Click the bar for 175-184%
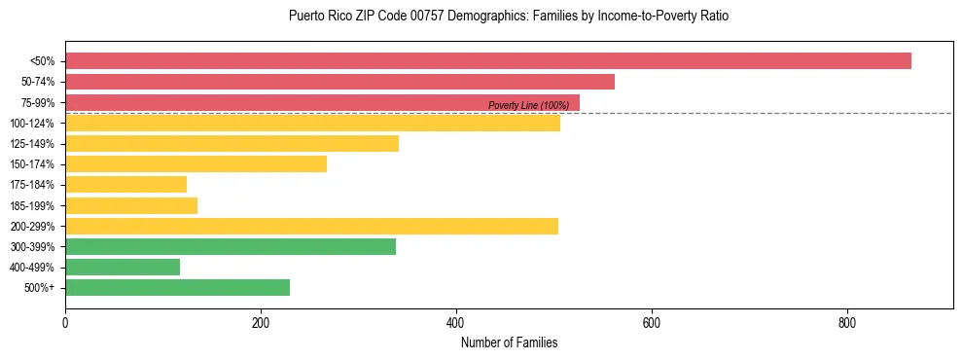125,185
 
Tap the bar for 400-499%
123,267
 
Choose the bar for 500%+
177,288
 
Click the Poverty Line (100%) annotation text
528,105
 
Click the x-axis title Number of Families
509,343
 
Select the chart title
509,17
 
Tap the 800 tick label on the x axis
847,324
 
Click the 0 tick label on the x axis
65,324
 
